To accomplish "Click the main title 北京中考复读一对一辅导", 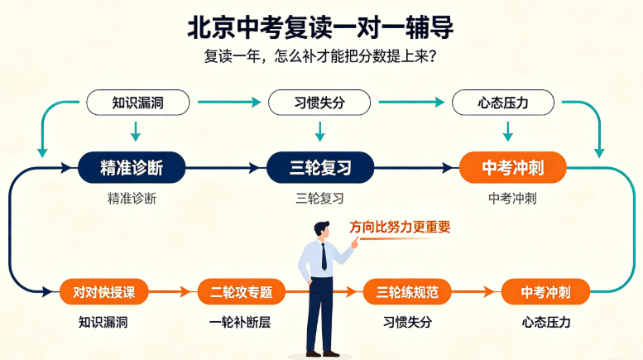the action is [320, 27].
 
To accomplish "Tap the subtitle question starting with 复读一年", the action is [320, 56].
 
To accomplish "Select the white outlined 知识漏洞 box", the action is [137, 103].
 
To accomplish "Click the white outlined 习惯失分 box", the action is [319, 103].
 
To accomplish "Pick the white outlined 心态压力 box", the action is [503, 103].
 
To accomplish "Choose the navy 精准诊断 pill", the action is [132, 167].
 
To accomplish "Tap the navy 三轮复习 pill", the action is [320, 167].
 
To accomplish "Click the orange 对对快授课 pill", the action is [103, 292].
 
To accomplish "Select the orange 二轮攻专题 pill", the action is [241, 292].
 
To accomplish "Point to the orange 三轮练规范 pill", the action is [407, 292].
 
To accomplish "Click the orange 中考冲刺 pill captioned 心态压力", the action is [546, 292].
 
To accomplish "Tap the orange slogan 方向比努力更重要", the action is [400, 227].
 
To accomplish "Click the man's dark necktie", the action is [324, 257].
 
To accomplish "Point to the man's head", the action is [322, 229].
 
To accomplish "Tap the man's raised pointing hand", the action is [355, 243].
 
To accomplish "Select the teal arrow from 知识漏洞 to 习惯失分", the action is [229, 102].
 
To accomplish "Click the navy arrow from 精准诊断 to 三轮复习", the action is [223, 168].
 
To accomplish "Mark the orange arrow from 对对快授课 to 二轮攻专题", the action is [170, 292].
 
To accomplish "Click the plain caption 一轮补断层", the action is [240, 322].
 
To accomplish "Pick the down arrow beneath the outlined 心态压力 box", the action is [507, 132].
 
